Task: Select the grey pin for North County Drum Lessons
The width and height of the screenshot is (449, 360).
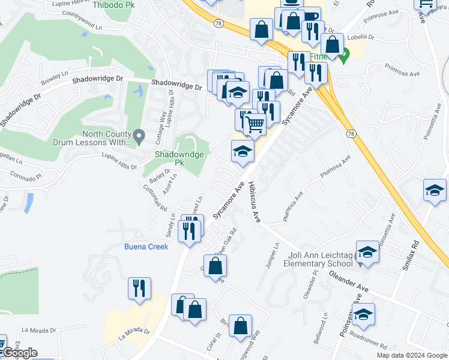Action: pos(139,138)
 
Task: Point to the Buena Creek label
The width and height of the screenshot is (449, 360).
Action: pos(146,247)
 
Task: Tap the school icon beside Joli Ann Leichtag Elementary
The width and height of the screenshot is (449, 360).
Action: pos(367,253)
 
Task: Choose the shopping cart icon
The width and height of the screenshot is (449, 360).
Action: pos(255,125)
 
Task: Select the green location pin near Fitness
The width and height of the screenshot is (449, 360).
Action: pos(343,58)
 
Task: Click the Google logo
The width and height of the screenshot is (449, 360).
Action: pos(19,353)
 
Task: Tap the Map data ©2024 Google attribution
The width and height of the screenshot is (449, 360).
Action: pos(411,355)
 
